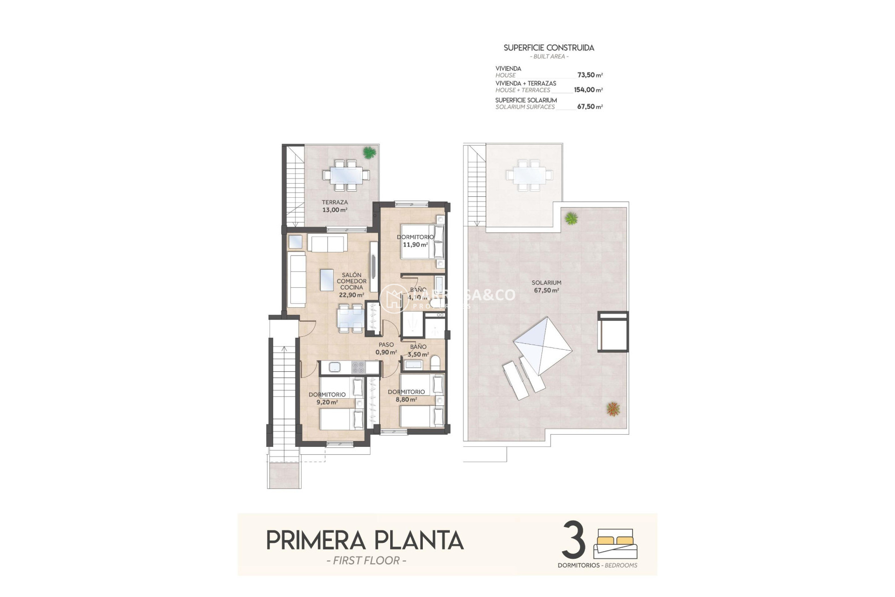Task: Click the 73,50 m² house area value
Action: (590, 75)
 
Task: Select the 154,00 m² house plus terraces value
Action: (588, 90)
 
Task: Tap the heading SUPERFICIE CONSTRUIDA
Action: (549, 48)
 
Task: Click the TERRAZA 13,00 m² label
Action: (335, 206)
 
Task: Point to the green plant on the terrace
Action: (369, 152)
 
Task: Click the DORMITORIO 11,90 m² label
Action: (415, 241)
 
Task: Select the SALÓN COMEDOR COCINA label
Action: (351, 282)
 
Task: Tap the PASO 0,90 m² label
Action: (386, 348)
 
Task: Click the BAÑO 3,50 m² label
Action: (418, 350)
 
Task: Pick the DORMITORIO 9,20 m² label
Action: (327, 398)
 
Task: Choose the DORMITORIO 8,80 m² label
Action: (406, 396)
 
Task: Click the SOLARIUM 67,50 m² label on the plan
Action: (546, 286)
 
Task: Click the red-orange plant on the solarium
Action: (613, 409)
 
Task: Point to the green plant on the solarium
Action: (571, 218)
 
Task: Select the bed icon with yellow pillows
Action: (615, 543)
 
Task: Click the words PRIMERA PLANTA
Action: (365, 541)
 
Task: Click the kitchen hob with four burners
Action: (358, 368)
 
